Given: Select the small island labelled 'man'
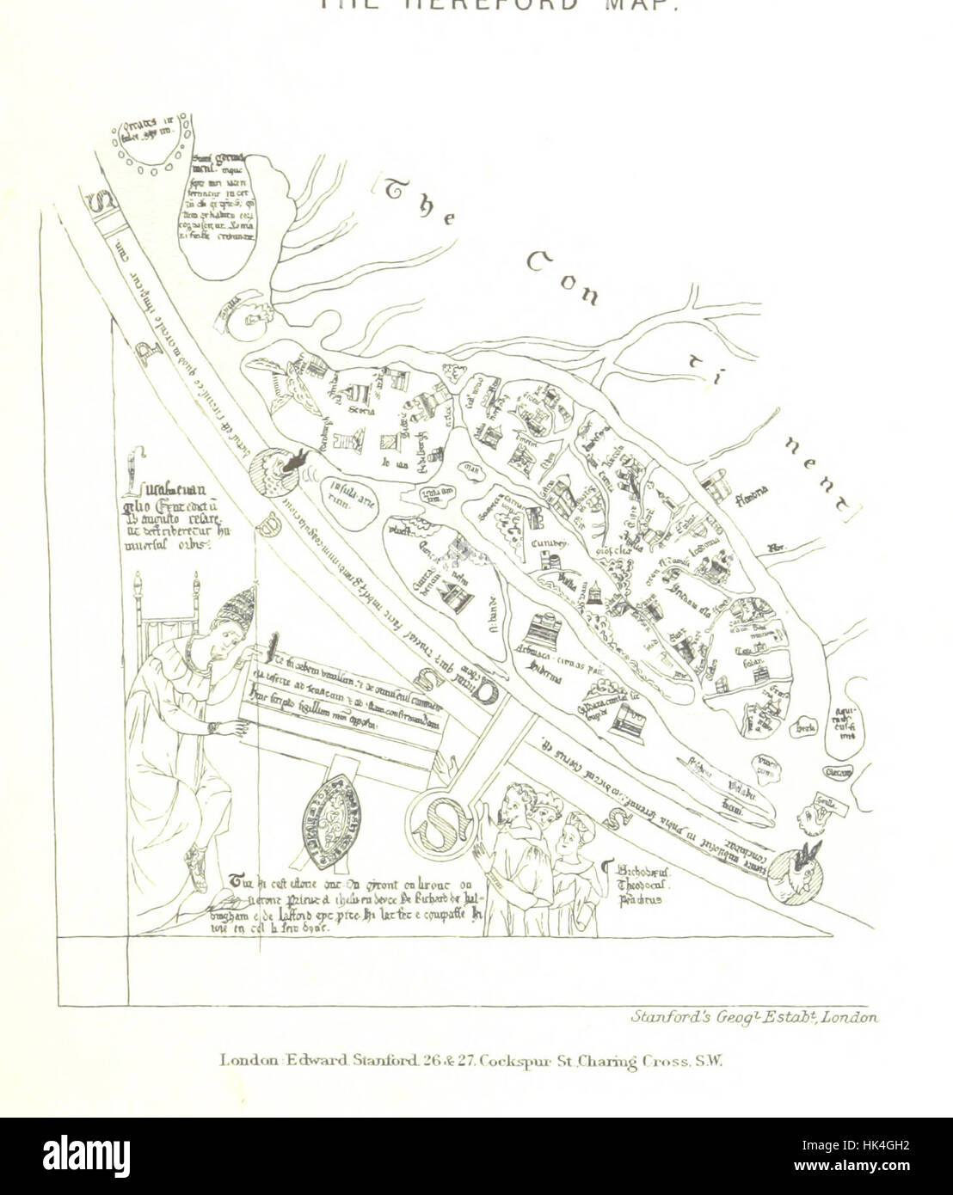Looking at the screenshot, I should tap(470, 470).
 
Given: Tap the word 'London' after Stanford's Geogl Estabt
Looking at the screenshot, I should tap(850, 1017).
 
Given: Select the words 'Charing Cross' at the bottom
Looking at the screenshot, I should tap(657, 1062).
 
